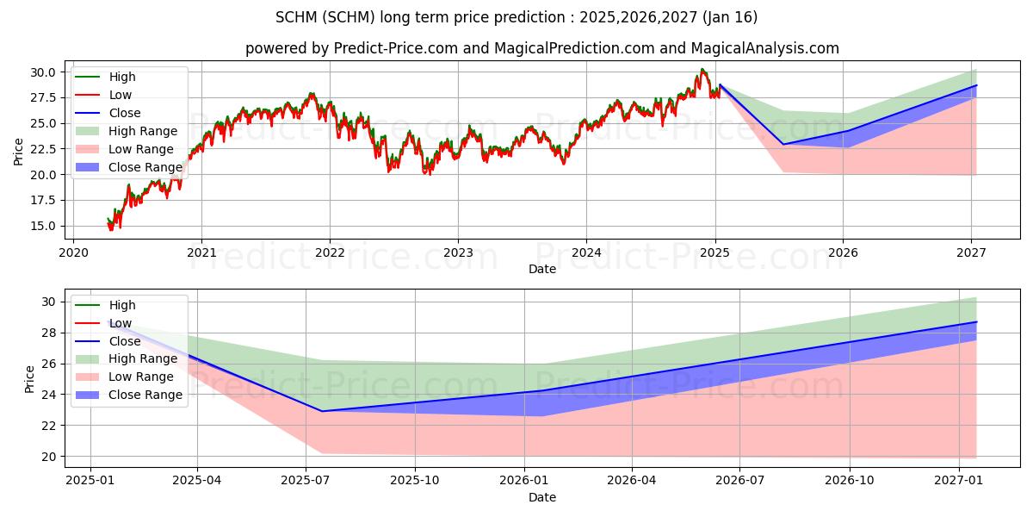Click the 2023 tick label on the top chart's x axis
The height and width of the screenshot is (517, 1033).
tap(458, 252)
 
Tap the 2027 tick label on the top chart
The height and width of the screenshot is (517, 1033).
tap(971, 252)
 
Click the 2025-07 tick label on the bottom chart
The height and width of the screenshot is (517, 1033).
tap(306, 481)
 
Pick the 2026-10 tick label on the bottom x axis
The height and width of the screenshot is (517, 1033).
tap(850, 481)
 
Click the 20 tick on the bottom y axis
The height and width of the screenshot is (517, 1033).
tap(48, 457)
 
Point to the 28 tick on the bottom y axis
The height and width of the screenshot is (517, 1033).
tap(48, 333)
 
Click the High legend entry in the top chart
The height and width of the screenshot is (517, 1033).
tap(122, 77)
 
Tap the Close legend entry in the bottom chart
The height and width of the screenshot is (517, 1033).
tap(125, 341)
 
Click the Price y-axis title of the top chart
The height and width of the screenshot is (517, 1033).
tap(19, 151)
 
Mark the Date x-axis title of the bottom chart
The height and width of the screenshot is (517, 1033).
tap(542, 497)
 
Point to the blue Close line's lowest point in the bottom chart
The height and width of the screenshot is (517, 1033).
tap(322, 411)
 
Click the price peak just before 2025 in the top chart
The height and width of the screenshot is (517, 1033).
tap(702, 70)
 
